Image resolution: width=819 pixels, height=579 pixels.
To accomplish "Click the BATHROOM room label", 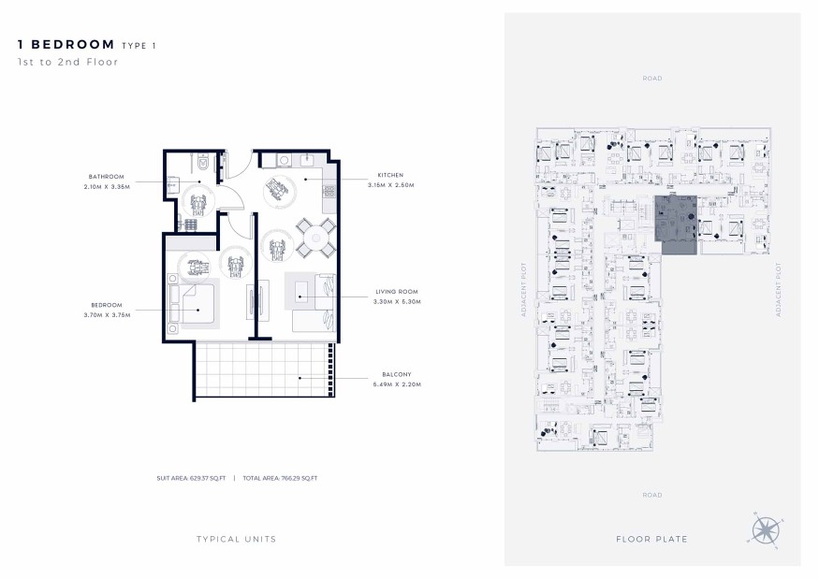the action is pos(106,177).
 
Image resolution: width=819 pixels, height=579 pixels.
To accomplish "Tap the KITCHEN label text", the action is pos(390,175).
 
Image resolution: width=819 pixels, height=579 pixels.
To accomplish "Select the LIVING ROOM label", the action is pos(397,291).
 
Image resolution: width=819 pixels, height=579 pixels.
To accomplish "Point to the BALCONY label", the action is pos(397,374).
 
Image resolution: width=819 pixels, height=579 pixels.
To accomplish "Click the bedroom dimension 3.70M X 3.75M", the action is pos(107,315).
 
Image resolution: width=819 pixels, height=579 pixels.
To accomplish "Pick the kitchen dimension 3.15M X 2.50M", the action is pos(390,185).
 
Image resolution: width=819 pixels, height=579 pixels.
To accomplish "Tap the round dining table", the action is pos(316,239).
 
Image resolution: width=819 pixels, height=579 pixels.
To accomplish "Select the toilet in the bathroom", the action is pos(204,164).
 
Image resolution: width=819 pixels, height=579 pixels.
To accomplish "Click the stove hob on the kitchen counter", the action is pos(329,192).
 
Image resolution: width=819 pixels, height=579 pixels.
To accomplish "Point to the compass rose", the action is pos(766,530).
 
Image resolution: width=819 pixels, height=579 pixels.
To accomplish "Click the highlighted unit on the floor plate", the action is pos(677,224).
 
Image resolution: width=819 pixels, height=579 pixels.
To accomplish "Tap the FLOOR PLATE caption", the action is pos(651,540).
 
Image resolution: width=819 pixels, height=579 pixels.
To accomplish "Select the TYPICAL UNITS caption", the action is pos(236,540).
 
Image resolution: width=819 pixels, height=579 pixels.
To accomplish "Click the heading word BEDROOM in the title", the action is pos(73,44).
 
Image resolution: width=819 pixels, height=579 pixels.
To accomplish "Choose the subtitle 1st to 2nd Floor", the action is pos(68,62).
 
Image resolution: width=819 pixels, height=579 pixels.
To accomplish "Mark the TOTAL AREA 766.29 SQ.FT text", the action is pos(280,478).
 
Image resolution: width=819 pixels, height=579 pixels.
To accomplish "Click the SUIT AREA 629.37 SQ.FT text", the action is pos(191,478).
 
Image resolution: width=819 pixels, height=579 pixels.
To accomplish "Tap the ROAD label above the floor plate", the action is pos(651,79).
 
